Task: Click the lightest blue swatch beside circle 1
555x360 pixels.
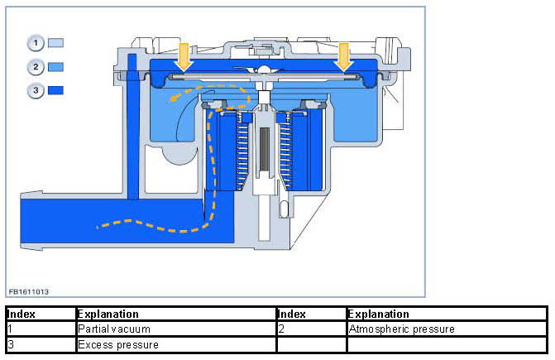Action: (56, 41)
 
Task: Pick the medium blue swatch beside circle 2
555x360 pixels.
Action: (56, 66)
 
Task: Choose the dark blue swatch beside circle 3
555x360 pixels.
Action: (56, 91)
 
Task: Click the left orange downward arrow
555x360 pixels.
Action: (184, 58)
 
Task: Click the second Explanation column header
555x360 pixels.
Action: (379, 314)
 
